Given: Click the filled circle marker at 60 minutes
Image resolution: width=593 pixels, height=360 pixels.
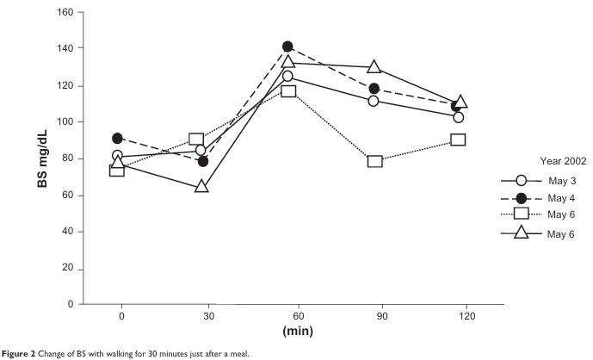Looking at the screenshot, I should tap(287, 47).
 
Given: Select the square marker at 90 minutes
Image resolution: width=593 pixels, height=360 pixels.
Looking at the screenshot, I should tap(374, 161).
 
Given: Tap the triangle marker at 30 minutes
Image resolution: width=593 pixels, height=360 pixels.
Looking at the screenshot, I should tap(202, 186).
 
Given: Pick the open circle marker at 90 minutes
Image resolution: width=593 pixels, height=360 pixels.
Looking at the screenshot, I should tap(374, 101).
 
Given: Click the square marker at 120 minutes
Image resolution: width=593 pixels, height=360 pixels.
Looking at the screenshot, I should tap(459, 140).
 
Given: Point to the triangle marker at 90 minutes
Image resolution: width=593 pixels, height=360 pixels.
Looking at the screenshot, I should tap(374, 66).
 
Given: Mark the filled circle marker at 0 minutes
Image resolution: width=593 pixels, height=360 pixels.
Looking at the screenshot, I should tap(117, 138).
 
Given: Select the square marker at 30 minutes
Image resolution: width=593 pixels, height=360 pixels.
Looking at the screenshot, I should tap(196, 140).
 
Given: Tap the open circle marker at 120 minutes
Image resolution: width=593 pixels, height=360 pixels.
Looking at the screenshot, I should tap(459, 117).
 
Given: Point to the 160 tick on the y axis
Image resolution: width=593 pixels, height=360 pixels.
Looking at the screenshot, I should tap(65, 13).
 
